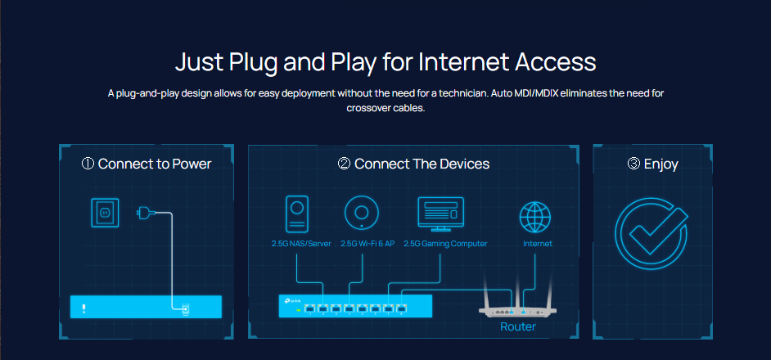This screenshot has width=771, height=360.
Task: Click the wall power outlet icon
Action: click(104, 212)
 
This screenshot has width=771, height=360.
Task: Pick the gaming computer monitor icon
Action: click(440, 213)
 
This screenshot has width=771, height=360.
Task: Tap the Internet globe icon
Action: click(537, 217)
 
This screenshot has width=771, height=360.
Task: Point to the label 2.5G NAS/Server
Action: click(301, 244)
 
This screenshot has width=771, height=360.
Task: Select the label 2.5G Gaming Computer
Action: click(445, 244)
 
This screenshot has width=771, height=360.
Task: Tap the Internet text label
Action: click(538, 244)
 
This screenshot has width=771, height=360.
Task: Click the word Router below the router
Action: click(518, 327)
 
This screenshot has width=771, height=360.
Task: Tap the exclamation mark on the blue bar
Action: click(83, 308)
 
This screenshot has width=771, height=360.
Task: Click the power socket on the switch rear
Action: click(185, 308)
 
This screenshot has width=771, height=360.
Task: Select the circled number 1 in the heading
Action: click(88, 164)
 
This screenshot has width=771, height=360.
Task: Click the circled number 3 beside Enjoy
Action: click(633, 164)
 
